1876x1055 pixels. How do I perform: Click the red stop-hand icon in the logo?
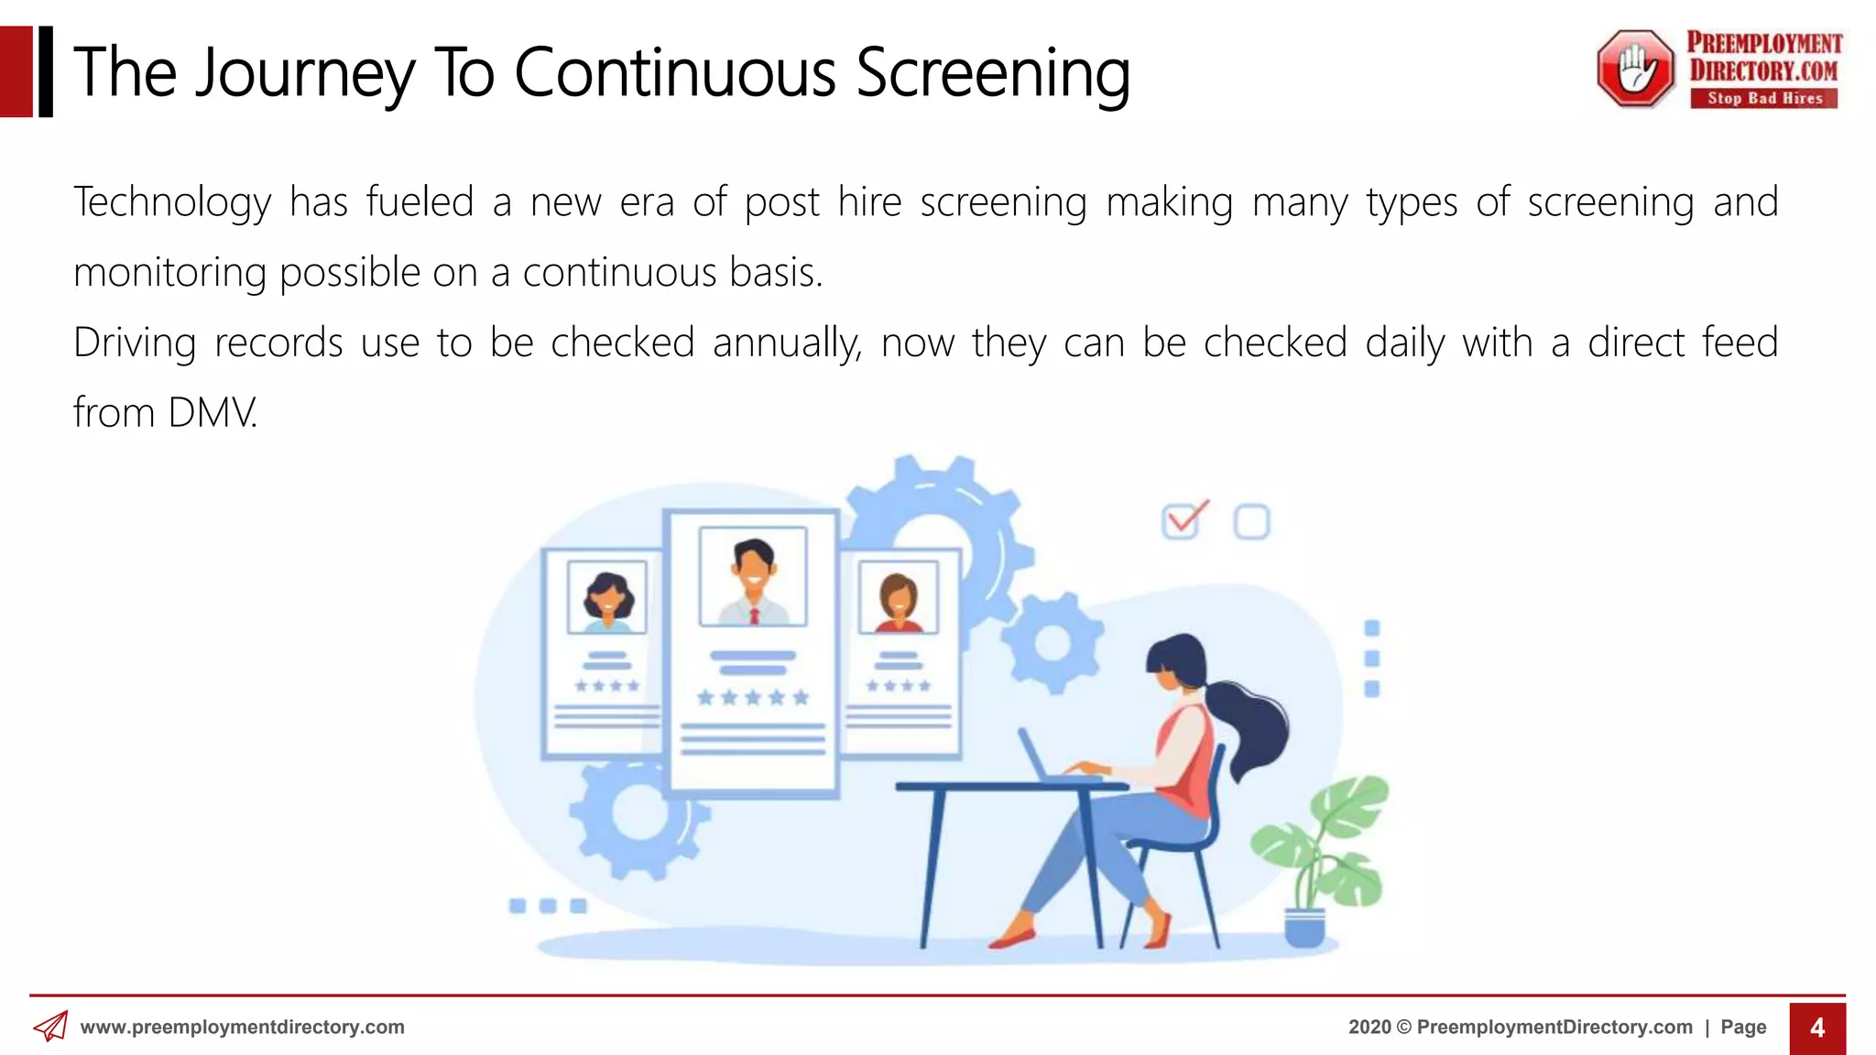pos(1636,69)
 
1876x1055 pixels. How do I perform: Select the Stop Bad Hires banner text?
pos(1764,98)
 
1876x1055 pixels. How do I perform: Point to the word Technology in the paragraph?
pos(172,202)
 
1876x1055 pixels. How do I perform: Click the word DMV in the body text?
pos(212,413)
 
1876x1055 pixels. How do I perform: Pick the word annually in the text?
pos(787,343)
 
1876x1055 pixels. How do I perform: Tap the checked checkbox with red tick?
pos(1182,521)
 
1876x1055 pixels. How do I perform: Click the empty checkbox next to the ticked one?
pos(1251,522)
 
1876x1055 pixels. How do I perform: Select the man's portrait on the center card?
pos(753,577)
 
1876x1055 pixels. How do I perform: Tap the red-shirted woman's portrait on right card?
pos(898,599)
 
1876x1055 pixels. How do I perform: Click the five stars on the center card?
pos(753,698)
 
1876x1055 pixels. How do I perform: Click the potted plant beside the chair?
pos(1319,852)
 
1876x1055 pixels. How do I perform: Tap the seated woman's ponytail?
pos(1250,723)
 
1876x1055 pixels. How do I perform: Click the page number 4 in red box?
pos(1817,1028)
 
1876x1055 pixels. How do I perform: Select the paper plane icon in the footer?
pos(51,1027)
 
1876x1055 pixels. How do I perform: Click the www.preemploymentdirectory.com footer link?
pos(242,1028)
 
